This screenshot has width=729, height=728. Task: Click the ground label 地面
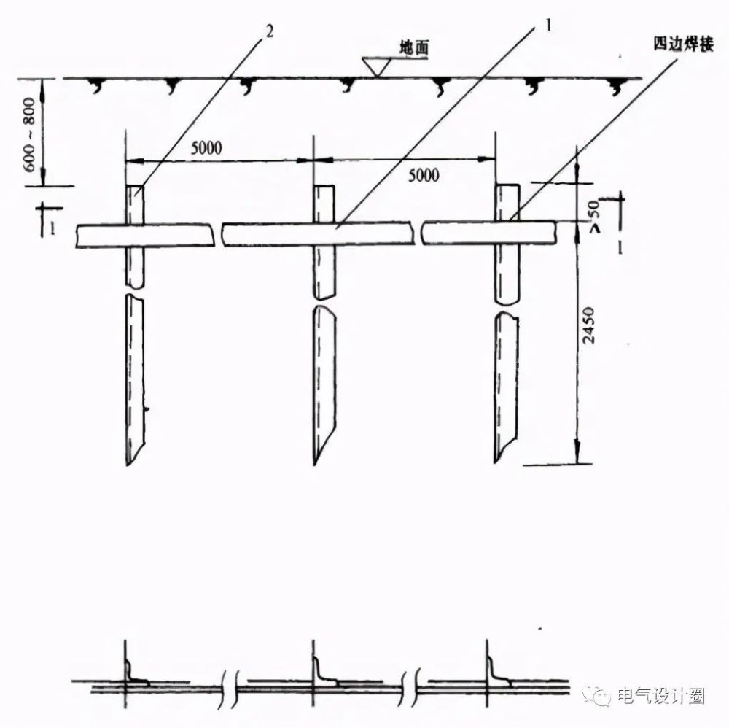click(x=414, y=47)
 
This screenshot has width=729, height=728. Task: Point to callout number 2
click(x=270, y=31)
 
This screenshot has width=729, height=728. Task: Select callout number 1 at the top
click(x=549, y=25)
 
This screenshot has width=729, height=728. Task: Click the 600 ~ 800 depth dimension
click(x=29, y=134)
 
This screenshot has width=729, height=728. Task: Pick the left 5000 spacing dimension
click(x=206, y=148)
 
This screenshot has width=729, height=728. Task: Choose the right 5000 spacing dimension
click(x=424, y=175)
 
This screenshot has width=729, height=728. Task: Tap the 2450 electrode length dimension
click(x=588, y=325)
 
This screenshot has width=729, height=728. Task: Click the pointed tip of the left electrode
click(x=128, y=465)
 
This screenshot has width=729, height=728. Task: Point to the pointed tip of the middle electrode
click(x=315, y=465)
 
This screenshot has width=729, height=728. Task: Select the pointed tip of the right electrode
click(x=495, y=462)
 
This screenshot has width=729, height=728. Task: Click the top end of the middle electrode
click(x=324, y=186)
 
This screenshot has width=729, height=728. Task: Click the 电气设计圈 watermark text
click(x=660, y=696)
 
